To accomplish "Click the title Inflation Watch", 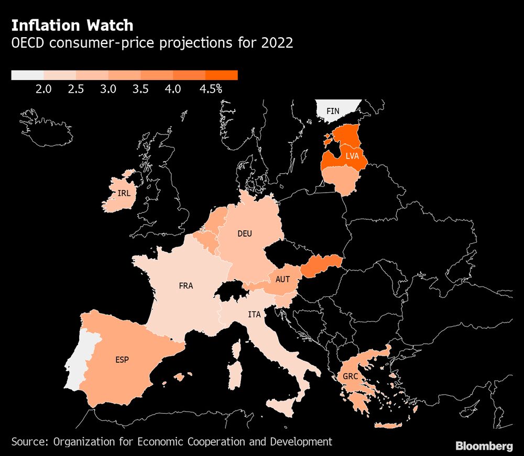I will (x=72, y=25).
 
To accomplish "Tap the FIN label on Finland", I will (x=333, y=111).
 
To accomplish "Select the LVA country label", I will (x=352, y=156).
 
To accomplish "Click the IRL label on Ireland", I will (x=124, y=193).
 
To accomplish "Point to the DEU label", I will (x=245, y=234).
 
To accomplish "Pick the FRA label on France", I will (x=186, y=286).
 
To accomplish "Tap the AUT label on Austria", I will (x=282, y=280).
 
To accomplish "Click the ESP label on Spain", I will (x=122, y=360).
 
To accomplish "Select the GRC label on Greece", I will (x=350, y=376).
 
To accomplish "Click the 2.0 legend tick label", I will (x=43, y=89).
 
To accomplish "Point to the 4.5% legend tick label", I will (x=211, y=89).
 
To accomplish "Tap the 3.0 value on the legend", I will (x=108, y=89).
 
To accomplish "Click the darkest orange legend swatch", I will (x=222, y=75).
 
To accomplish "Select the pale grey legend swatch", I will (x=27, y=75).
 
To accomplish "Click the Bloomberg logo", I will (x=484, y=446).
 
